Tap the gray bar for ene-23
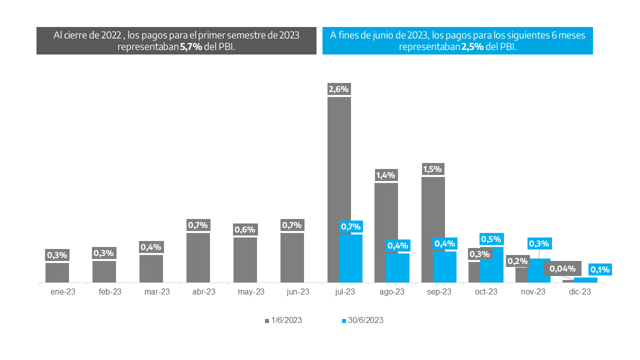coord(57,272)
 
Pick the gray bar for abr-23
coord(198,257)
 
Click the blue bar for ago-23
coord(397,268)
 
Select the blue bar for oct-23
coord(491,265)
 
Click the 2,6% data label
coord(338,89)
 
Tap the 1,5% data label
coord(433,169)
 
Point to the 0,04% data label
coord(562,268)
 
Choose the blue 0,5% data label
coord(491,239)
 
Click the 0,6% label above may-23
coord(245,230)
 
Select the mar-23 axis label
coord(157,292)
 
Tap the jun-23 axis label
coord(298,292)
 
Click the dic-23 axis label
coord(580,292)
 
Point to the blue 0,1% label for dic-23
coord(600,269)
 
